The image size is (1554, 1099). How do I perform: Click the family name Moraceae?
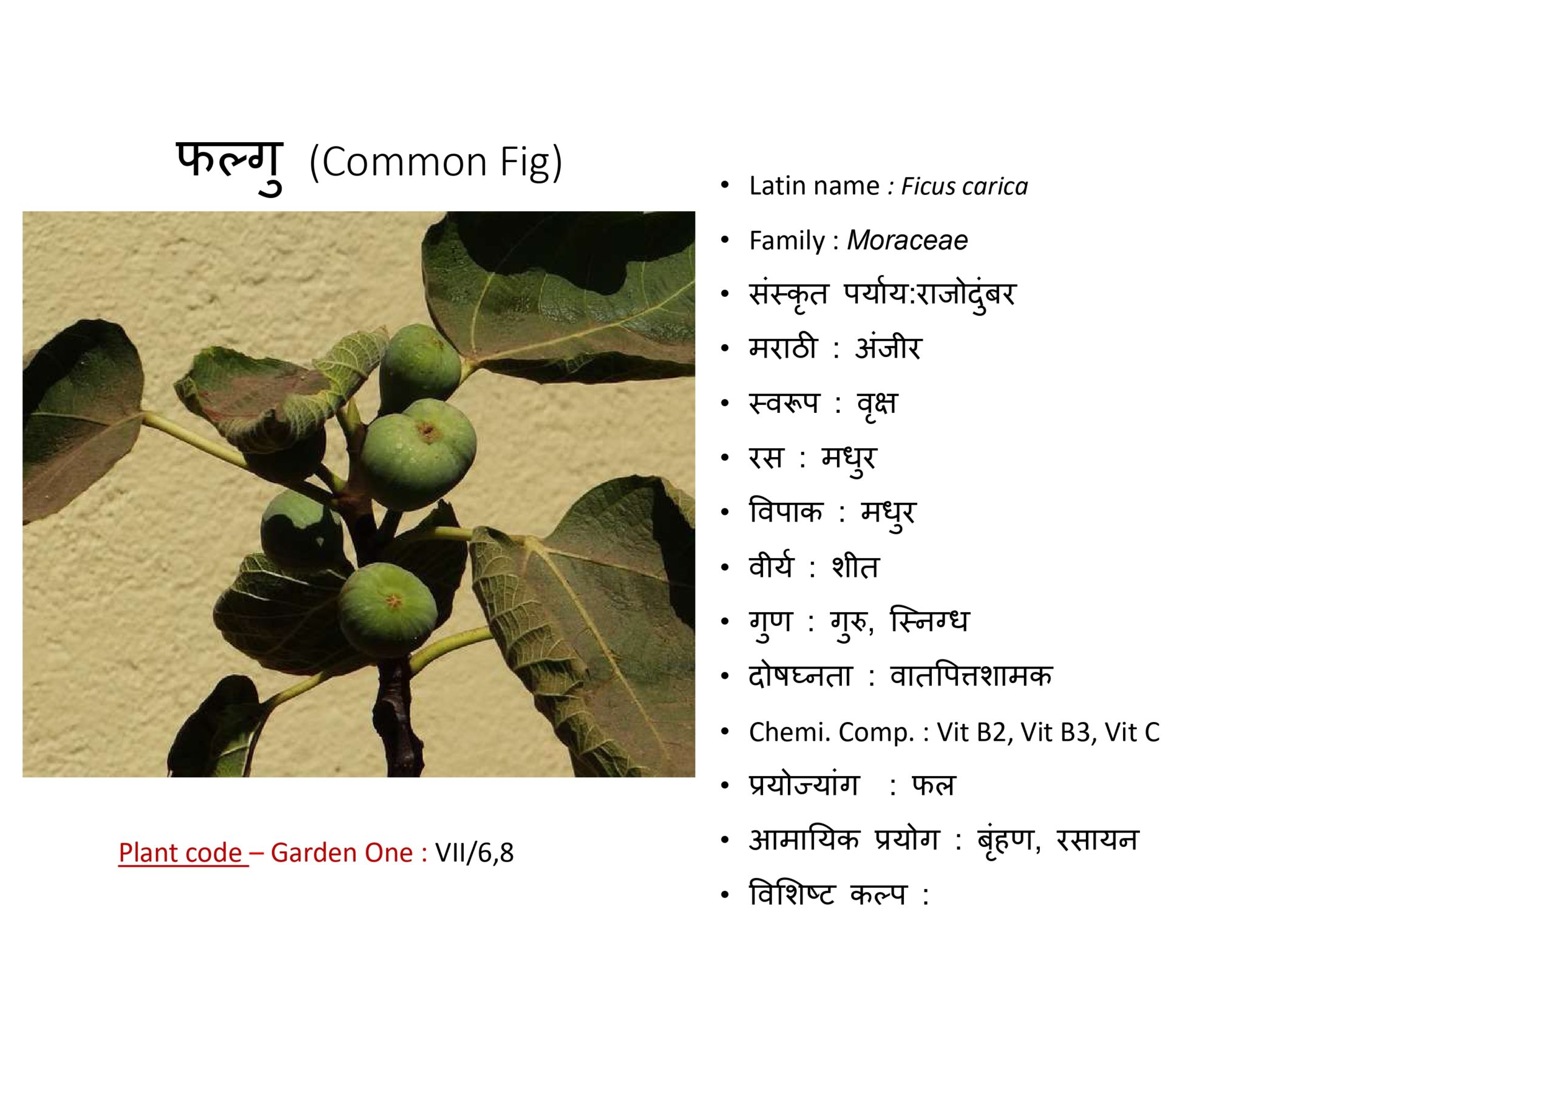pyautogui.click(x=907, y=240)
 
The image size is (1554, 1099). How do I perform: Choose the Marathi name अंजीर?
pyautogui.click(x=887, y=348)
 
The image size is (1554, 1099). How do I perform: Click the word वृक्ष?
pyautogui.click(x=877, y=404)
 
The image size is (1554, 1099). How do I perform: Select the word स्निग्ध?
pyautogui.click(x=930, y=621)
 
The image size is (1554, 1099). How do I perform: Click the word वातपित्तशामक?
pyautogui.click(x=972, y=676)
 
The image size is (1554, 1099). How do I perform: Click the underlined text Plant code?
pyautogui.click(x=180, y=852)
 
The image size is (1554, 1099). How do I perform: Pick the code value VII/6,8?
pyautogui.click(x=475, y=852)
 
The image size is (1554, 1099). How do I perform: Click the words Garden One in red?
pyautogui.click(x=342, y=852)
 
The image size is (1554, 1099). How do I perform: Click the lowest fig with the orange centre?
pyautogui.click(x=388, y=610)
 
